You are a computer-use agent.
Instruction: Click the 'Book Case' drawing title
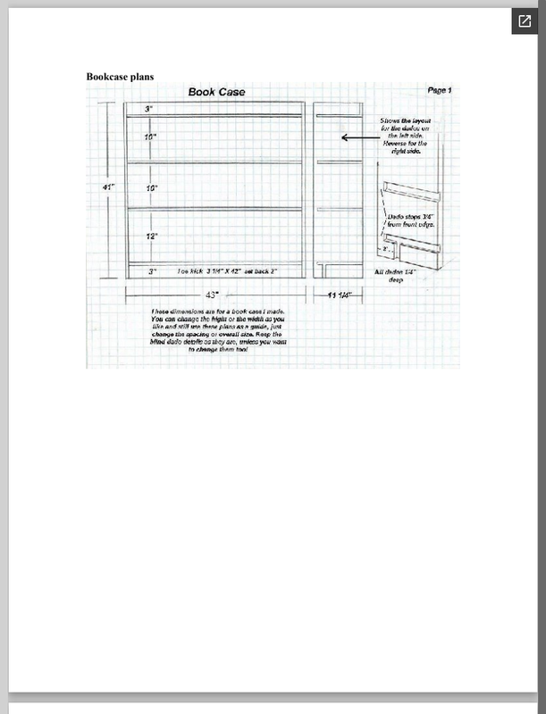click(215, 92)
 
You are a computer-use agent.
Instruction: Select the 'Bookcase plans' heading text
click(120, 77)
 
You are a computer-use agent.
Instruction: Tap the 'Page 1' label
click(439, 90)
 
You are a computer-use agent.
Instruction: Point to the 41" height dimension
click(106, 187)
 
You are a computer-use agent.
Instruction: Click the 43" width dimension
click(212, 294)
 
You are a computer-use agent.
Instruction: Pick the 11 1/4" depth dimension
click(338, 294)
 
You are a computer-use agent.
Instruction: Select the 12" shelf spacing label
click(152, 237)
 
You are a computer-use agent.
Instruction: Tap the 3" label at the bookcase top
click(150, 108)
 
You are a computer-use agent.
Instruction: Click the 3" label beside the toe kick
click(153, 270)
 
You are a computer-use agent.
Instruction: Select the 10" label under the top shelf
click(151, 137)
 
